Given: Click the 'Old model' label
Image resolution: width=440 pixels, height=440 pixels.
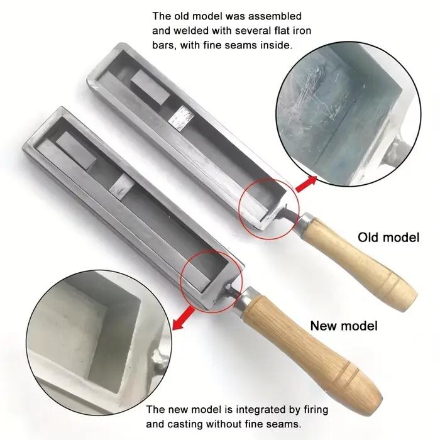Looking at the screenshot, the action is [x=388, y=238].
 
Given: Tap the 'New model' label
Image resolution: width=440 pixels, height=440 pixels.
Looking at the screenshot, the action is [x=344, y=326].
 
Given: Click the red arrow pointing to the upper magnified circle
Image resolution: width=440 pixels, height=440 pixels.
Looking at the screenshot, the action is [x=306, y=184].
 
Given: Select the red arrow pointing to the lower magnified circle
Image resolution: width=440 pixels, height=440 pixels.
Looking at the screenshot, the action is [x=184, y=318].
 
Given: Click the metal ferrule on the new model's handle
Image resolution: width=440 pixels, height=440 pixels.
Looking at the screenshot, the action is [x=244, y=300].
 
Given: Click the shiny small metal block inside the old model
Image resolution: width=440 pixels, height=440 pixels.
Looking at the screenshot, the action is [x=181, y=118].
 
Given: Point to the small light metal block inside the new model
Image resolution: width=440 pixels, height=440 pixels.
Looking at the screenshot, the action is [x=121, y=186].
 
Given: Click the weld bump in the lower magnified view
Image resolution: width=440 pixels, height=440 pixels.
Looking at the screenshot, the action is [x=156, y=358].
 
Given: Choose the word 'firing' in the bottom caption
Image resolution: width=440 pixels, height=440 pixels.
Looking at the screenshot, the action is [x=316, y=410].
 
